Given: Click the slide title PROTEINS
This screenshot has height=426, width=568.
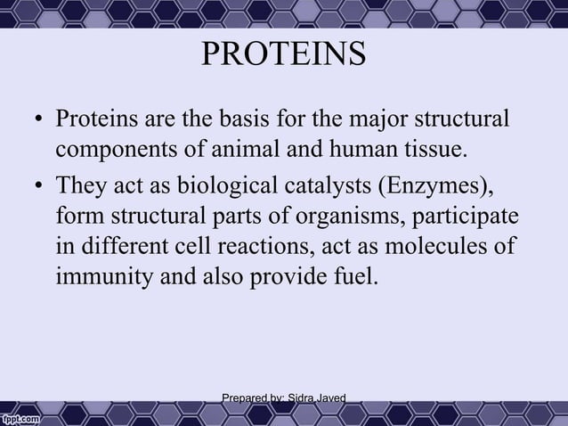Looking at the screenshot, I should (283, 55).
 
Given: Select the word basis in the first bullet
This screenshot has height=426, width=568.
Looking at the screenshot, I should (252, 119).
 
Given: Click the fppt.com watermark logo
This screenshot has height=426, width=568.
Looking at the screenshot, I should (23, 416).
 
